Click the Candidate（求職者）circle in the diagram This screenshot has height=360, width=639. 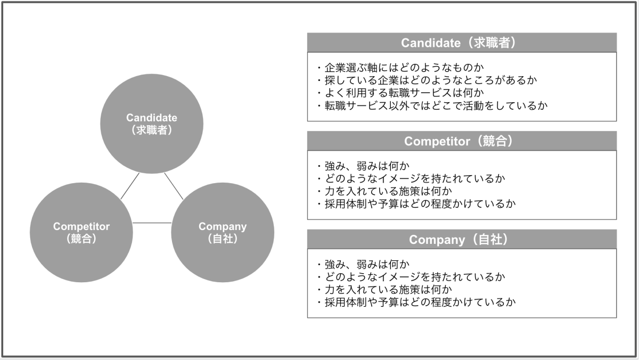(152, 123)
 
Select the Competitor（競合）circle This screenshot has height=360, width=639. (81, 233)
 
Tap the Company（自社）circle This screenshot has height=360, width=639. (223, 233)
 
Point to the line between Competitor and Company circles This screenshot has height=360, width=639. (152, 223)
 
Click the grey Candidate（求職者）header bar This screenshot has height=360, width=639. (462, 43)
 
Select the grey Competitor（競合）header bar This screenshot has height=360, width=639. (462, 141)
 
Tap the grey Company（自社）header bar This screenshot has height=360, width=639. (462, 240)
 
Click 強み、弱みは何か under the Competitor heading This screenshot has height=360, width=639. (362, 166)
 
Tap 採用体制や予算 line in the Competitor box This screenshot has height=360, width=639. (415, 204)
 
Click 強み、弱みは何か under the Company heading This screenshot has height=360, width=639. (362, 264)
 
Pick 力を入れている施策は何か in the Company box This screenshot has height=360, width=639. (383, 290)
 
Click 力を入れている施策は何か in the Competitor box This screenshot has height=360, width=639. (383, 191)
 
